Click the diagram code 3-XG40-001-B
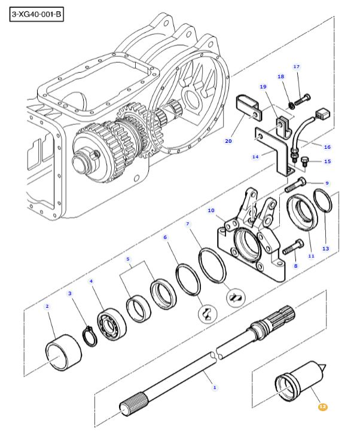pos(36,14)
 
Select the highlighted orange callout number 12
pos(323,407)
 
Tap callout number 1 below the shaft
pos(215,387)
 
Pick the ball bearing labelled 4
pos(112,324)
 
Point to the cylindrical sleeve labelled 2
pos(63,353)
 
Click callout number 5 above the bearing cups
pos(128,259)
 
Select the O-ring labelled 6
pos(188,279)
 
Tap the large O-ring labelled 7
pos(212,265)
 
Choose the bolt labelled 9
pos(295,184)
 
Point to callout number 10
pos(211,210)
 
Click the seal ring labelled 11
pos(302,213)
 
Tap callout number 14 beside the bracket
pos(255,157)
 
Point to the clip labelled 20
pos(249,108)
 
